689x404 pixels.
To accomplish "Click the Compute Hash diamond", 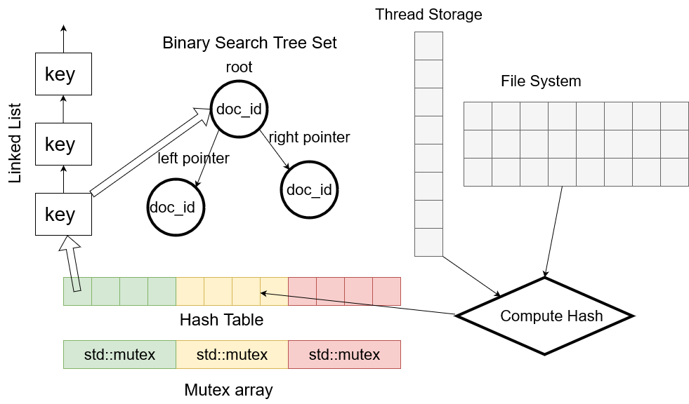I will (545, 316).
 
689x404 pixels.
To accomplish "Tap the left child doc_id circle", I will (176, 207).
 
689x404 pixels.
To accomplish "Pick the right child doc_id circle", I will (309, 189).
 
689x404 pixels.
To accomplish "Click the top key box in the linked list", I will (63, 74).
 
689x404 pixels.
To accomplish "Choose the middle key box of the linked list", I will (63, 144).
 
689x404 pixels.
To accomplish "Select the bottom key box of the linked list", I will (63, 214).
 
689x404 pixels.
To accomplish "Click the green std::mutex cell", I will (119, 354).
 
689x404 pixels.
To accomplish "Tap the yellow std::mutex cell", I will (232, 354).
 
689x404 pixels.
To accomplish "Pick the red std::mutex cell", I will (344, 354).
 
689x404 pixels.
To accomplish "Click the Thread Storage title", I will (428, 14).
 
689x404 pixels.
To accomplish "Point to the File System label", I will (541, 81).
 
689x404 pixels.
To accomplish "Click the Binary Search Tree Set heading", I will (249, 43).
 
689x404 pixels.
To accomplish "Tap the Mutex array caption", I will (228, 390).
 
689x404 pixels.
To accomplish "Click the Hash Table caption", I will (221, 320).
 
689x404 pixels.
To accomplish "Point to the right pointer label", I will (309, 137).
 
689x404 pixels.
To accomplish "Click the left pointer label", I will (193, 159).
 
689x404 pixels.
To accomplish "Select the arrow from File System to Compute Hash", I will (553, 231).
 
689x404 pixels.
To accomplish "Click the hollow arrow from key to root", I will (151, 151).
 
